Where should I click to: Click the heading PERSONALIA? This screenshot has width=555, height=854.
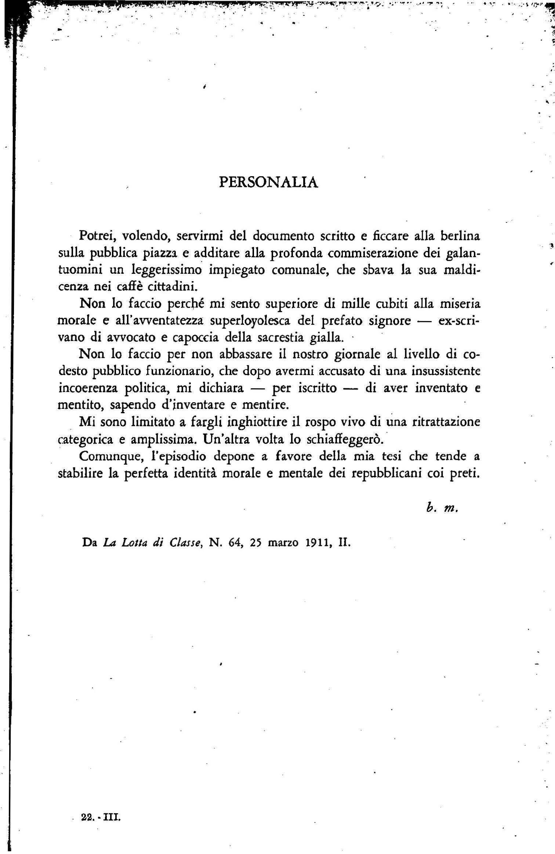[268, 183]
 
